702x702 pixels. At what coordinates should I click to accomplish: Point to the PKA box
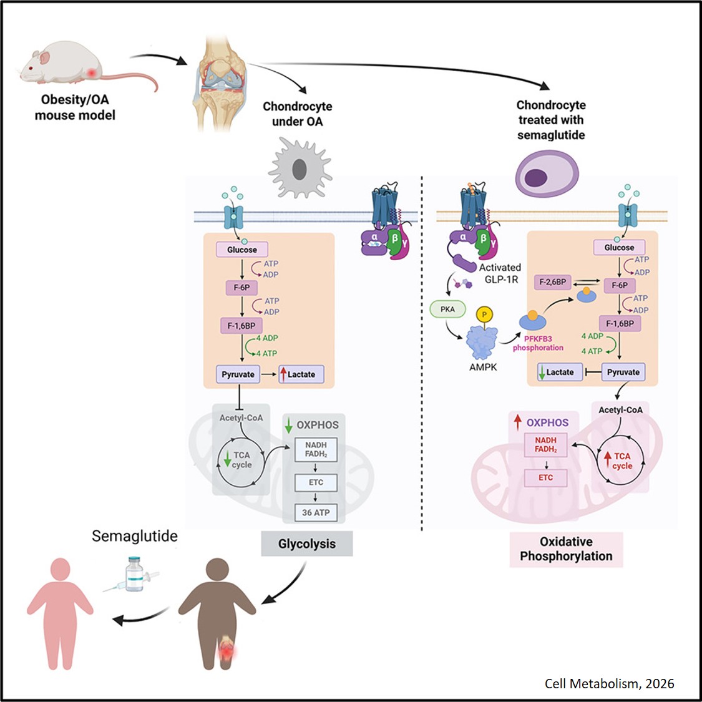(x=447, y=310)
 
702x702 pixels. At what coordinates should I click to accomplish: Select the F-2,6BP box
(x=552, y=282)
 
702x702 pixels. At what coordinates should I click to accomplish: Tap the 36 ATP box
(x=316, y=512)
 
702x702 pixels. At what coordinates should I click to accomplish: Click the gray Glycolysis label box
(x=307, y=544)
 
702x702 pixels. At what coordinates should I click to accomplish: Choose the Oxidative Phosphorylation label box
(x=566, y=549)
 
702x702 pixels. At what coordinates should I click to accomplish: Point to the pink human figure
(x=61, y=612)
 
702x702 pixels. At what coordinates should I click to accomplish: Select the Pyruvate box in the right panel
(x=623, y=372)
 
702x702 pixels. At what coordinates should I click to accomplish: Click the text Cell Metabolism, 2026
(x=609, y=683)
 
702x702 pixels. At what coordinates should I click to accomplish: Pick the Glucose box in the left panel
(x=242, y=250)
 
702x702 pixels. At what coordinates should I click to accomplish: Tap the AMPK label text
(x=483, y=367)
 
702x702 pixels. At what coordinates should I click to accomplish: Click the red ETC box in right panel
(x=545, y=477)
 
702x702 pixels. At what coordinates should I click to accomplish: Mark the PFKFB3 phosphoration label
(x=538, y=343)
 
